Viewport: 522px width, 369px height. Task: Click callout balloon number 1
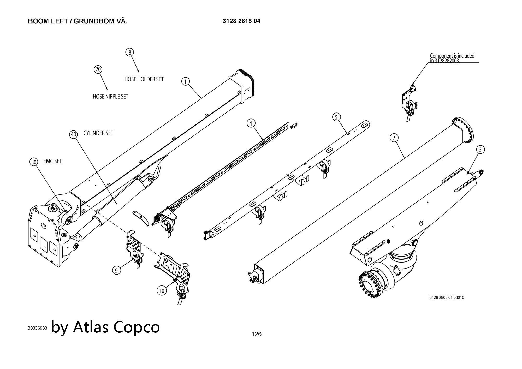click(185, 82)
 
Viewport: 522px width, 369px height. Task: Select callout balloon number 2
click(394, 138)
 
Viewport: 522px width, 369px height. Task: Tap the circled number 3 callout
click(480, 150)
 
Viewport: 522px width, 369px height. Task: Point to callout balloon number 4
click(251, 123)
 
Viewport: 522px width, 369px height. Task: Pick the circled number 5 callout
click(336, 117)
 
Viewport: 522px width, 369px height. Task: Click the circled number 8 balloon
click(130, 52)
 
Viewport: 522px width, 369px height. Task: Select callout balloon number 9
click(116, 270)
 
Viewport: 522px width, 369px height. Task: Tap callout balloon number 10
click(162, 290)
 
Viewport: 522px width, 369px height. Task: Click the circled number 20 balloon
click(98, 69)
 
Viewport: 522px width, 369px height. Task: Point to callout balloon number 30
click(34, 162)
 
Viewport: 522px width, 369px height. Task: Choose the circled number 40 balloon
click(74, 135)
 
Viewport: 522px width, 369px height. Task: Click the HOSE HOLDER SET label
click(144, 79)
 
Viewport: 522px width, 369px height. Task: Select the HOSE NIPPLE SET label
click(110, 97)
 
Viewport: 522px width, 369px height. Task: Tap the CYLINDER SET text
click(98, 133)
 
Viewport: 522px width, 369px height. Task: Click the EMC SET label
click(52, 161)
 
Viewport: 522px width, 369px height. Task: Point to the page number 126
click(256, 334)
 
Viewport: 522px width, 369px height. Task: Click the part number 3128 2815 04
click(241, 21)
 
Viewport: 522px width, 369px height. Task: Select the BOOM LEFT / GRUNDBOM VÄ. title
click(78, 21)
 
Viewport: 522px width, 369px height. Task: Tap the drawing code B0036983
click(37, 328)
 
